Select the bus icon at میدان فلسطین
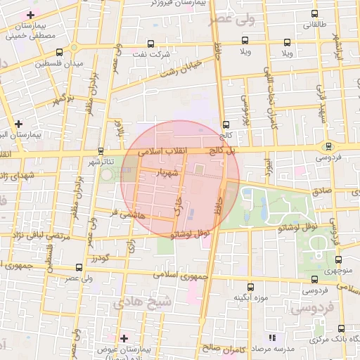[75, 49]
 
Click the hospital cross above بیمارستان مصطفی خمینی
[30, 15]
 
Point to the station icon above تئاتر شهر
[101, 150]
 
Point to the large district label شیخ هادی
[137, 302]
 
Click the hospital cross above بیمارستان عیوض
[124, 338]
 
